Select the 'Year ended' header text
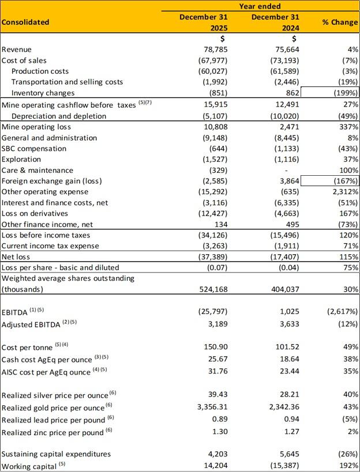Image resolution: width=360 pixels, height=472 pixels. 260,6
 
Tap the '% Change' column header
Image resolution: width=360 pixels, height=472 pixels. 341,22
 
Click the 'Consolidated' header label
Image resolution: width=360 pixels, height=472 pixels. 25,22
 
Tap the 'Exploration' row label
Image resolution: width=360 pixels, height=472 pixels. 21,159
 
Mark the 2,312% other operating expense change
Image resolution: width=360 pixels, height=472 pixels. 343,192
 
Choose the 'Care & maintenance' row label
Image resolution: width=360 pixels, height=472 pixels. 37,170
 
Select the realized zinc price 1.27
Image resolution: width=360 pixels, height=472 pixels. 292,432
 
